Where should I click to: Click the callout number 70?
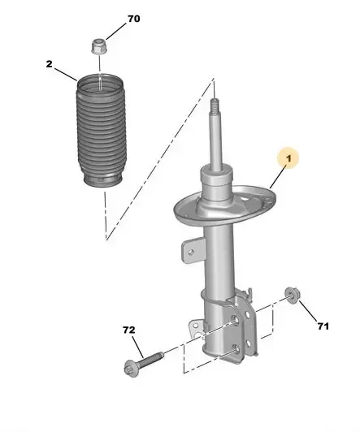(134, 19)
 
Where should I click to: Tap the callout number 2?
(49, 64)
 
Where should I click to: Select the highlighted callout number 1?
(288, 158)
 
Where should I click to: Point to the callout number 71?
(323, 326)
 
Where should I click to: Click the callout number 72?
(128, 330)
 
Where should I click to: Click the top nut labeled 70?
(98, 46)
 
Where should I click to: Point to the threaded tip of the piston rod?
(215, 106)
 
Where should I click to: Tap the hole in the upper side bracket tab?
(190, 252)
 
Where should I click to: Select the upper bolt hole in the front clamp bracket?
(235, 320)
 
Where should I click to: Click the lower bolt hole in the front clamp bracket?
(236, 349)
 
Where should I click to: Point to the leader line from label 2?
(66, 74)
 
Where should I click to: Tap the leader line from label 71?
(309, 311)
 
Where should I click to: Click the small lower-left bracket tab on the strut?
(197, 327)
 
